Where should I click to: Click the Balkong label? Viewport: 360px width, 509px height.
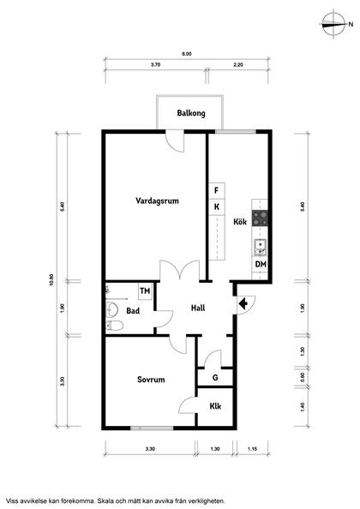(191, 113)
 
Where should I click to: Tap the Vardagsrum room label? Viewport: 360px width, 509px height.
(157, 201)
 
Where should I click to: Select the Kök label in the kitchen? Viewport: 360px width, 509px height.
(240, 222)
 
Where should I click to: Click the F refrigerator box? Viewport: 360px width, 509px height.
(217, 190)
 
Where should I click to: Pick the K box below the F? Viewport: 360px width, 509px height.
(217, 207)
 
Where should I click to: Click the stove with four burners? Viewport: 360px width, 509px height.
(261, 219)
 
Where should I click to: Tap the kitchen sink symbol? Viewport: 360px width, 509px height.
(261, 248)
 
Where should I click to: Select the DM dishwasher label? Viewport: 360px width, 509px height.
(261, 264)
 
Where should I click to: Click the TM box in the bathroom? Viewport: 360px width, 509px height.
(145, 291)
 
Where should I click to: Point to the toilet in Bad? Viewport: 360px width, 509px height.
(114, 326)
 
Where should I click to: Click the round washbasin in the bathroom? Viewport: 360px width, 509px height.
(111, 309)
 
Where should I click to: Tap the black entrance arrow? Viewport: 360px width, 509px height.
(243, 304)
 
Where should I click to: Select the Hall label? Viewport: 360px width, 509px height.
(198, 308)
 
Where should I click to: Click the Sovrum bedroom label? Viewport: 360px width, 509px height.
(151, 380)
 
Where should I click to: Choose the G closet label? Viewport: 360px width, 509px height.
(215, 378)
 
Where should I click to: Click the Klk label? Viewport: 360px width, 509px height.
(215, 406)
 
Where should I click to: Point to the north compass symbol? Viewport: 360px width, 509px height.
(333, 24)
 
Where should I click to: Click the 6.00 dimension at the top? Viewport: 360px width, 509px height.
(187, 54)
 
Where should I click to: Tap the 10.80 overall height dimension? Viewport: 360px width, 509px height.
(51, 279)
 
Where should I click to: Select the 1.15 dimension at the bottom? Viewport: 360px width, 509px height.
(252, 449)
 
